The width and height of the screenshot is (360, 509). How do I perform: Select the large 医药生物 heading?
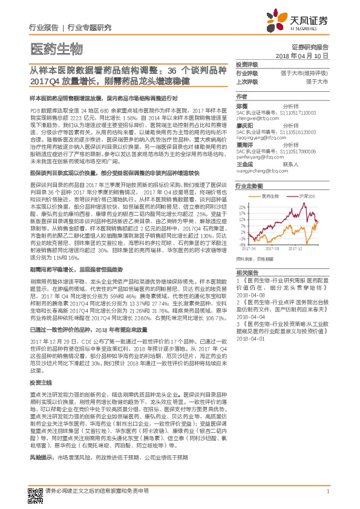point(56,48)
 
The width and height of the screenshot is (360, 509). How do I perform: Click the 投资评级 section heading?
point(247,64)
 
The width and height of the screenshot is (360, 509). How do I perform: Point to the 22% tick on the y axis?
point(243,206)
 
